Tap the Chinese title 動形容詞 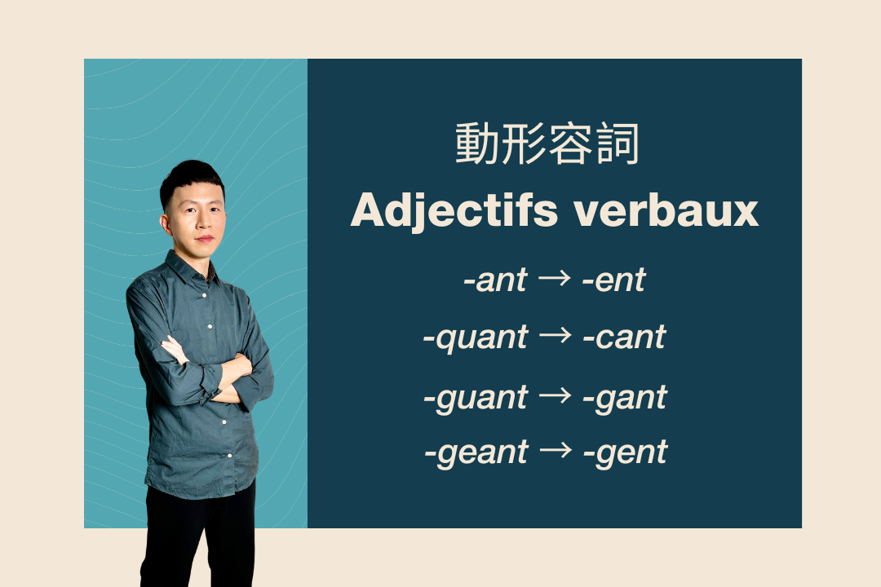[547, 145]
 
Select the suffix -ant [495, 280]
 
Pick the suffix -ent [613, 280]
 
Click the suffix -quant [475, 337]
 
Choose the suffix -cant [624, 337]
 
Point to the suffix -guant [475, 398]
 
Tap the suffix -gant [625, 398]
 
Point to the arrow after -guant [556, 396]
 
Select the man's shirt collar [184, 267]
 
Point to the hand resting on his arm [173, 350]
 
